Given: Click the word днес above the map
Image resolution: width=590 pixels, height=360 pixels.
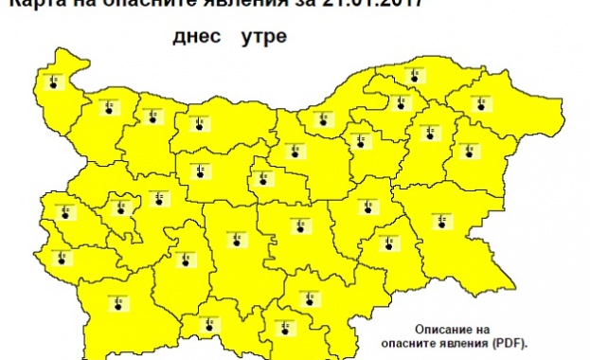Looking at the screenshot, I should coord(194,40).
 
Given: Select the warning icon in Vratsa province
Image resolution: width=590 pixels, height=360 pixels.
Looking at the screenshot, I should coord(152,117).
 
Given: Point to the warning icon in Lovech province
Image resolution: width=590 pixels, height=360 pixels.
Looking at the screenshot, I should coord(200,171).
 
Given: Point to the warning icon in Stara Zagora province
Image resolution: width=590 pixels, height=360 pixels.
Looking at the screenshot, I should coord(300,225).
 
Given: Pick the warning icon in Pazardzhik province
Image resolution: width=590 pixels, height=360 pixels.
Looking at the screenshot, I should coord(184,258).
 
